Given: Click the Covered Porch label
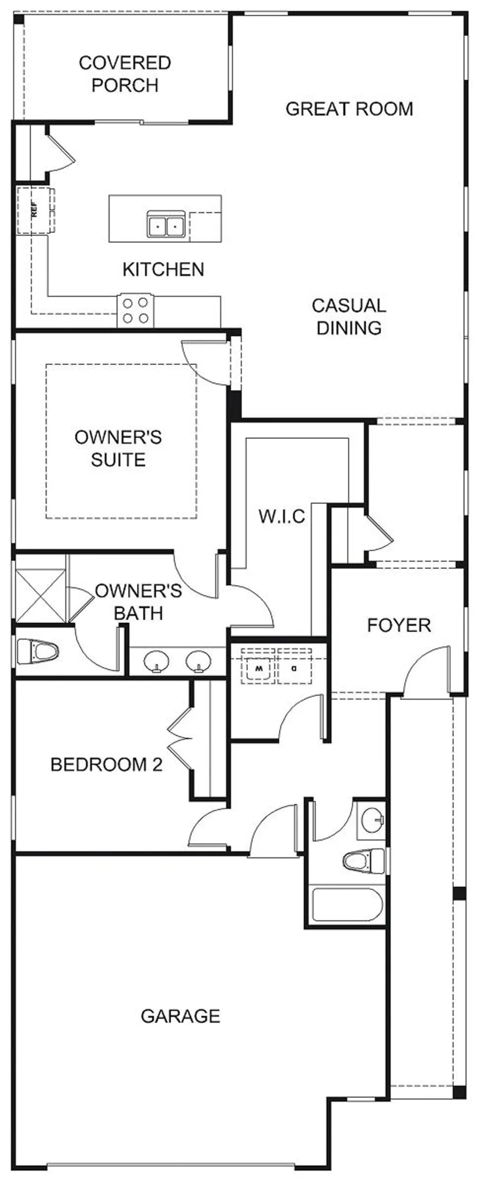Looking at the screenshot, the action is [x=125, y=74].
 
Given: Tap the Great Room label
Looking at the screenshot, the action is [x=349, y=108].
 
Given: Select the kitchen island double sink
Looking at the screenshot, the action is [x=166, y=225].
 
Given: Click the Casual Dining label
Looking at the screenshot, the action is [x=349, y=316].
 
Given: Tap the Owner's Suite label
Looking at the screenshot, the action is [x=118, y=448].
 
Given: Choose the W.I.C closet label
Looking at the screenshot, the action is [x=282, y=516].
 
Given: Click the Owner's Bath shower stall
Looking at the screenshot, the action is [x=40, y=595].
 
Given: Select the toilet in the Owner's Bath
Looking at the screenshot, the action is [x=37, y=652].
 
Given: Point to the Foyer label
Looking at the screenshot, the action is [x=399, y=625].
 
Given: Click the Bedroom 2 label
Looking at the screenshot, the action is [x=106, y=764].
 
